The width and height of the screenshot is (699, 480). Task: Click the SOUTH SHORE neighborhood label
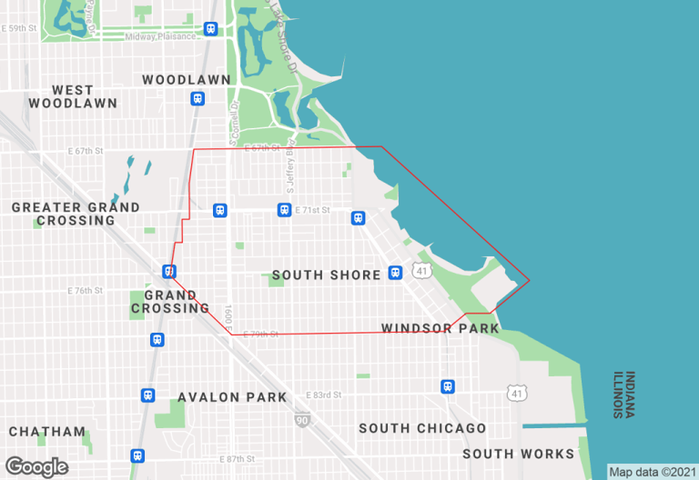[326, 275]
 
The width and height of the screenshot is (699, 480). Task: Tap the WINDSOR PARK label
[441, 328]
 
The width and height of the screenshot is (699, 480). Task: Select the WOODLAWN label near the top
[187, 80]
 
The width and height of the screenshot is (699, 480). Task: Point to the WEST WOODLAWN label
[73, 96]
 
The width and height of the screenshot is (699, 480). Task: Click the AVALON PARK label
[232, 397]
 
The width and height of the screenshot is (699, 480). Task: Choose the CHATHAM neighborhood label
[47, 432]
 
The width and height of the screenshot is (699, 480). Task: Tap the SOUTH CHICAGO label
[422, 428]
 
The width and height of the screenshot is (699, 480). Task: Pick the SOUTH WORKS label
[518, 454]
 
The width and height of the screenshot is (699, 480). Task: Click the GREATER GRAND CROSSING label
[76, 214]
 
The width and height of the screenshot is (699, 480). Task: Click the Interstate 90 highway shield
[300, 420]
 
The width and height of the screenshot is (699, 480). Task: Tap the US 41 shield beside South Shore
[420, 271]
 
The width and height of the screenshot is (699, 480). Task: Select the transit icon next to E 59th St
[211, 28]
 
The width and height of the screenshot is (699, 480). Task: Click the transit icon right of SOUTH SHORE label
[394, 273]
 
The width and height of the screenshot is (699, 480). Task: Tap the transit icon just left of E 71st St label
[284, 210]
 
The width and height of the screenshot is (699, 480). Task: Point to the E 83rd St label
[325, 395]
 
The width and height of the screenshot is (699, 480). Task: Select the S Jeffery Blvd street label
[290, 169]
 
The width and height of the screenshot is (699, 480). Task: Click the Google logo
[36, 467]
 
